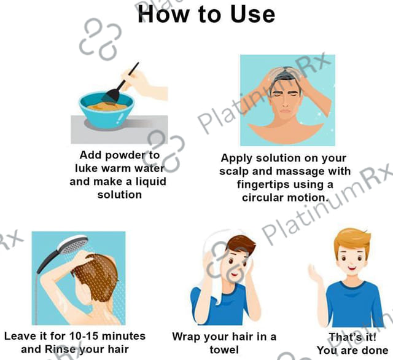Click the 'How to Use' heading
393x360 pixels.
coord(206,14)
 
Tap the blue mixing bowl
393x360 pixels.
coord(107,111)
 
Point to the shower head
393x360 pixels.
coord(73,244)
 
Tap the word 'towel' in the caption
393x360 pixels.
coord(224,350)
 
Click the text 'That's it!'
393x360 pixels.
coord(352,337)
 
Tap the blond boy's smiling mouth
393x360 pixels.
coord(352,269)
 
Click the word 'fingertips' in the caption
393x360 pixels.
coord(262,185)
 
